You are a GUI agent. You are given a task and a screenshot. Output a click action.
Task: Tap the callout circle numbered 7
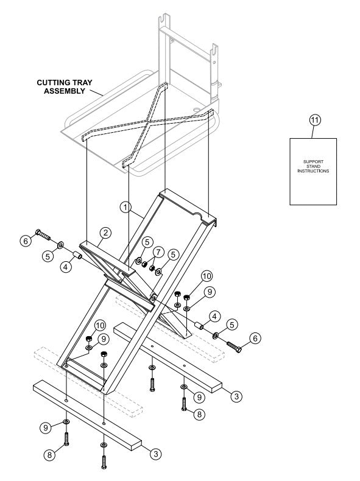coord(157,251)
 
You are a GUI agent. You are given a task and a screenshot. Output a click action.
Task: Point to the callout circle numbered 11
coord(314,121)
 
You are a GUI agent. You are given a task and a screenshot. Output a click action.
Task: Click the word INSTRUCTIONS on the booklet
coord(313,172)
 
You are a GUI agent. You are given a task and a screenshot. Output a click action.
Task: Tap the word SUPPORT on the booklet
coord(313,161)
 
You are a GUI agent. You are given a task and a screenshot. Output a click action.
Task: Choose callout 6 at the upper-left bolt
coord(25,241)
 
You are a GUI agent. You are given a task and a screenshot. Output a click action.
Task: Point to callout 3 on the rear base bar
coord(237,396)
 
